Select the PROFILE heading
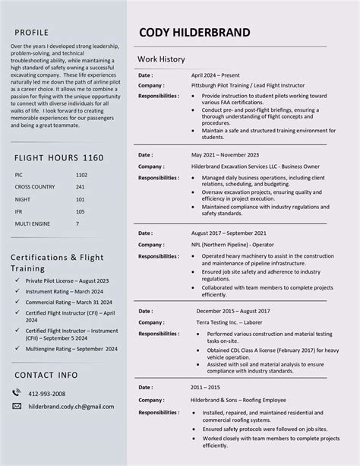pyautogui.click(x=31, y=33)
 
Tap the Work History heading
pyautogui.click(x=161, y=59)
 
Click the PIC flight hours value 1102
pyautogui.click(x=81, y=175)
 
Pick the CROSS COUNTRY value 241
pyautogui.click(x=80, y=187)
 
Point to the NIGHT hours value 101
pyautogui.click(x=80, y=199)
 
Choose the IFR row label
pyautogui.click(x=18, y=211)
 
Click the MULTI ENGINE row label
pyautogui.click(x=31, y=223)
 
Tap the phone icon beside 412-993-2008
pyautogui.click(x=17, y=393)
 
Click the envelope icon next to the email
pyautogui.click(x=17, y=406)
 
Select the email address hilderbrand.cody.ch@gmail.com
pyautogui.click(x=71, y=407)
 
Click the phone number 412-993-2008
pyautogui.click(x=47, y=394)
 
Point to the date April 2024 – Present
pyautogui.click(x=215, y=75)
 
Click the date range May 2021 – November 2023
pyautogui.click(x=225, y=154)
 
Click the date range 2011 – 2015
pyautogui.click(x=207, y=387)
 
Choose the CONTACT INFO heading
pyautogui.click(x=46, y=375)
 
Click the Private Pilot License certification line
pyautogui.click(x=67, y=281)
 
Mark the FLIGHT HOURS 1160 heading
pyautogui.click(x=58, y=157)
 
